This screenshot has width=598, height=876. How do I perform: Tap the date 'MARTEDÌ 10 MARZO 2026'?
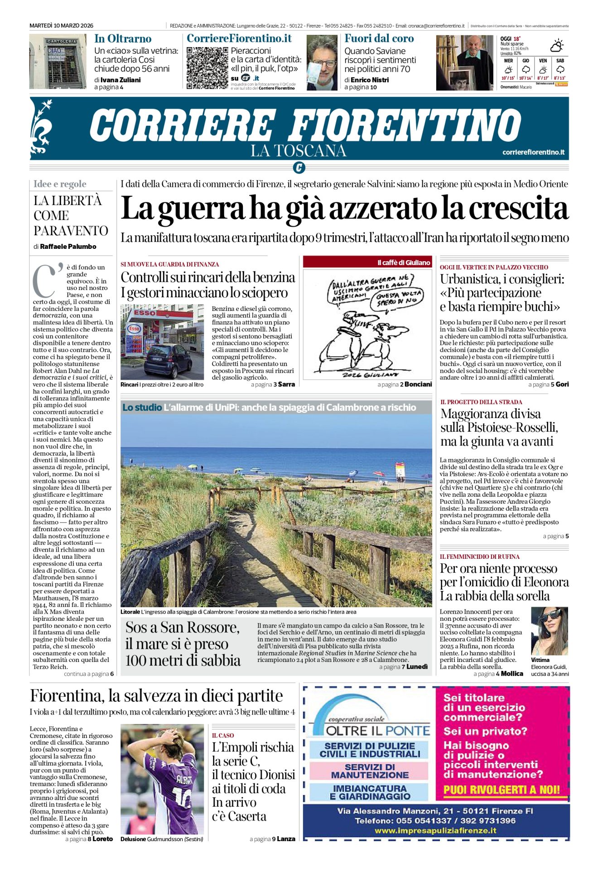[x=61, y=26]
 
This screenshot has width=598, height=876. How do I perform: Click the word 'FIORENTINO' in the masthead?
[x=405, y=125]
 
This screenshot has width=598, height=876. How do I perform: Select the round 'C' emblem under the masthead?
[x=299, y=168]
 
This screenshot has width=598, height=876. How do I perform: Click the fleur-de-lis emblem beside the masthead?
[x=40, y=128]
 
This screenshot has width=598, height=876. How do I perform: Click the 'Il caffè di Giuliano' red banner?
[x=367, y=262]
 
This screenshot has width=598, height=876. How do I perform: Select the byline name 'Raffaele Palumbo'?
[x=68, y=247]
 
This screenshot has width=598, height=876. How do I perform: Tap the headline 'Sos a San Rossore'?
[x=182, y=628]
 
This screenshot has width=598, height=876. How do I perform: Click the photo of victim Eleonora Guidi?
[x=549, y=631]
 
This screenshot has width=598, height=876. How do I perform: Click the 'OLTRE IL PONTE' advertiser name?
[x=378, y=730]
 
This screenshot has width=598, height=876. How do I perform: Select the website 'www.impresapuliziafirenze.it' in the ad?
[x=435, y=830]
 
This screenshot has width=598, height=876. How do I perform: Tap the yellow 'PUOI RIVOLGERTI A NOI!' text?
[x=502, y=790]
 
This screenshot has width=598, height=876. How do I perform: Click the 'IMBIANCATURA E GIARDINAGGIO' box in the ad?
[x=369, y=792]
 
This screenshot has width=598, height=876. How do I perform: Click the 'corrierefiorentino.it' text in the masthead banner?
[x=533, y=152]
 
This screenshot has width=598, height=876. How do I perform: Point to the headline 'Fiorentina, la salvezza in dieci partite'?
[x=156, y=695]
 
